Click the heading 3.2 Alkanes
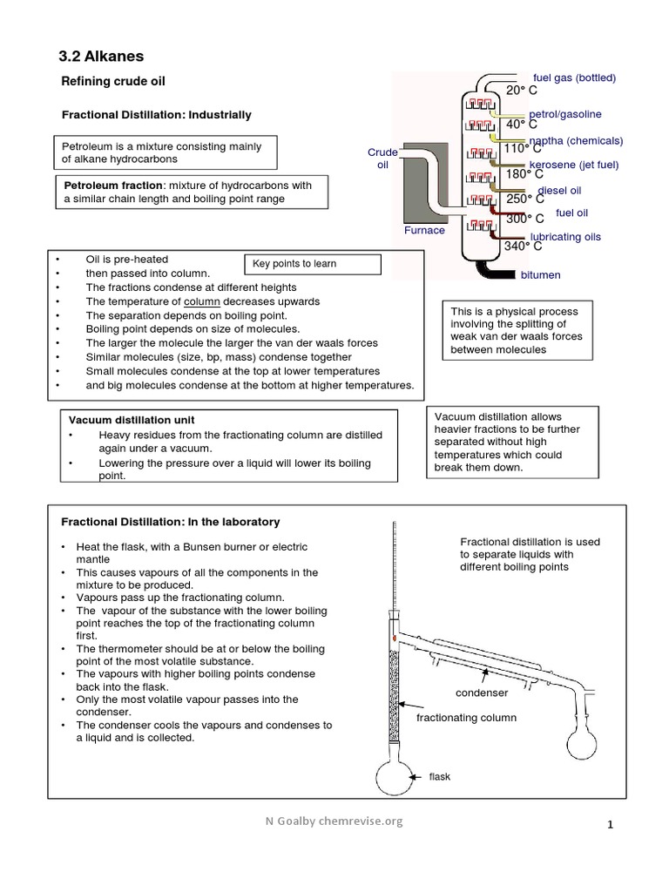[x=100, y=57]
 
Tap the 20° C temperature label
[x=523, y=91]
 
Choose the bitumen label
[x=540, y=275]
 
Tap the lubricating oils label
[x=565, y=237]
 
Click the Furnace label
[x=424, y=231]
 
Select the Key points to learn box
[x=311, y=264]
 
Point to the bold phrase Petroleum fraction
[x=113, y=186]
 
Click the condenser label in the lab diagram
[x=482, y=693]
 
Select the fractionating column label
[x=466, y=718]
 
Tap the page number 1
[x=611, y=825]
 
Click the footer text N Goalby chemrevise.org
[x=334, y=821]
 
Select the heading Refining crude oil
[x=111, y=82]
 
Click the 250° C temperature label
[x=525, y=199]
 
